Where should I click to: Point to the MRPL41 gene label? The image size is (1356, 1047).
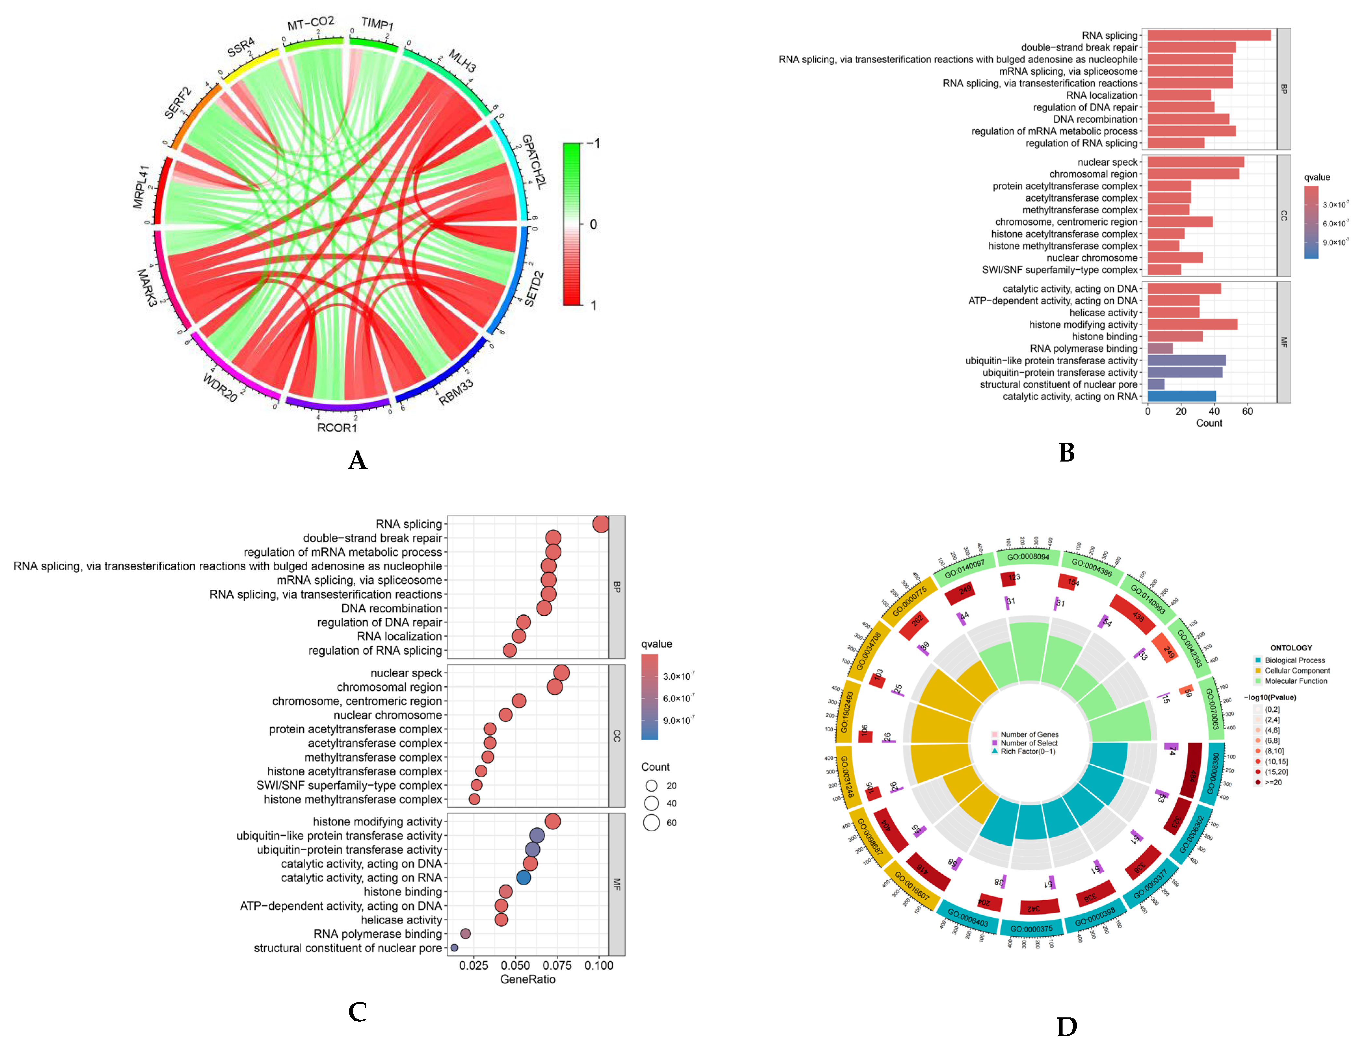142,186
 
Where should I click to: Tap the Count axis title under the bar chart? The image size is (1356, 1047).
1209,423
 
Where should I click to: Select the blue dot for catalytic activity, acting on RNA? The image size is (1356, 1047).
523,878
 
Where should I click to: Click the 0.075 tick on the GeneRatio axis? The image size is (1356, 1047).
557,966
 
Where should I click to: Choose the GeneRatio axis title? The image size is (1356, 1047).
528,979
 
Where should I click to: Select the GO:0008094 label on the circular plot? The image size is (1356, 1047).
1028,557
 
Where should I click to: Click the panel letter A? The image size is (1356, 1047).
358,461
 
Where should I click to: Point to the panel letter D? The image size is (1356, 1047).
1067,1027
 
